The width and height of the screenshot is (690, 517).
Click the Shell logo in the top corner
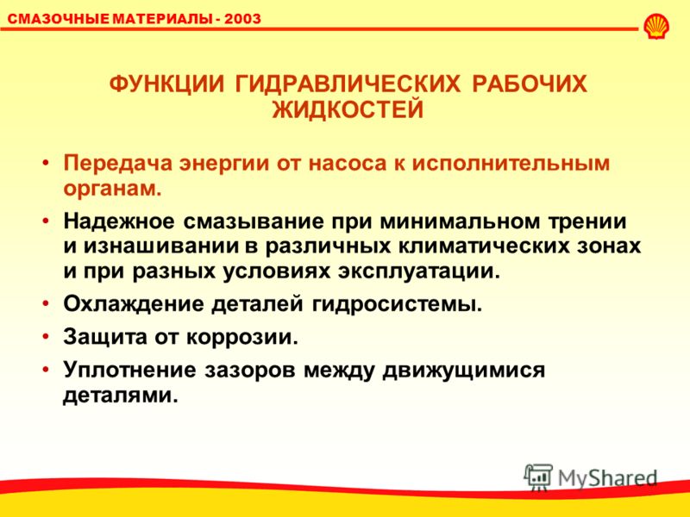(656, 27)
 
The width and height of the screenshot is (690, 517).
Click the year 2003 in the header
(242, 18)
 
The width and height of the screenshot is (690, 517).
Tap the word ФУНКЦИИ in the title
(166, 84)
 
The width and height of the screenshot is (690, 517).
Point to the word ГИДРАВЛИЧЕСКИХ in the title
(348, 84)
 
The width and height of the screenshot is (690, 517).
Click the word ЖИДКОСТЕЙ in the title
(348, 109)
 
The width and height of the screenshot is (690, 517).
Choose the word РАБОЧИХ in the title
(530, 84)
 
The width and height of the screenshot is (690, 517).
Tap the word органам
(113, 190)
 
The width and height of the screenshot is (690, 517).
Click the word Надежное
(119, 221)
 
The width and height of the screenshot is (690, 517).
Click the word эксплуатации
(419, 271)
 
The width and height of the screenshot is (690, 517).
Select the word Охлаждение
(134, 304)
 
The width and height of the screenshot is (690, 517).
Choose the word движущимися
(464, 371)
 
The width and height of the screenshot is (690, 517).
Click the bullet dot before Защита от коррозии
(46, 337)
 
